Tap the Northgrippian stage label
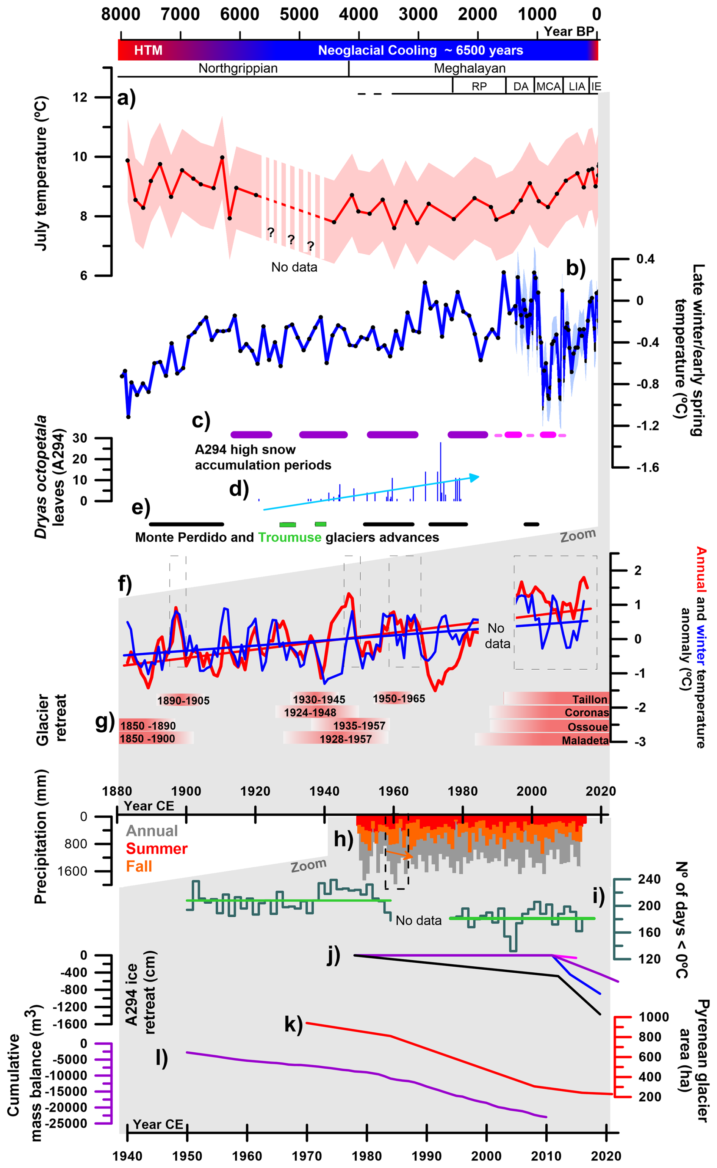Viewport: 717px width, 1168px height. [238, 68]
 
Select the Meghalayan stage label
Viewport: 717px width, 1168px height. [470, 68]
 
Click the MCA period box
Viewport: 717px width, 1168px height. [549, 86]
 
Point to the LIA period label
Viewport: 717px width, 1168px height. [577, 86]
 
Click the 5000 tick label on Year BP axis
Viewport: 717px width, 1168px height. [299, 14]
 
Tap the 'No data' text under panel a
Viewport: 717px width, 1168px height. [294, 267]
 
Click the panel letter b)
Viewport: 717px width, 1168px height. [576, 268]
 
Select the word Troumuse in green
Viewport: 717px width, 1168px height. [290, 537]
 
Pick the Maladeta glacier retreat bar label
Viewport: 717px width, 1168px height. [585, 741]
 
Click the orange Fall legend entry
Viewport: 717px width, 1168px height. [139, 866]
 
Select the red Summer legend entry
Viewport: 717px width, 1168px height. [157, 849]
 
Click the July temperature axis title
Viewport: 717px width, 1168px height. [41, 173]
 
